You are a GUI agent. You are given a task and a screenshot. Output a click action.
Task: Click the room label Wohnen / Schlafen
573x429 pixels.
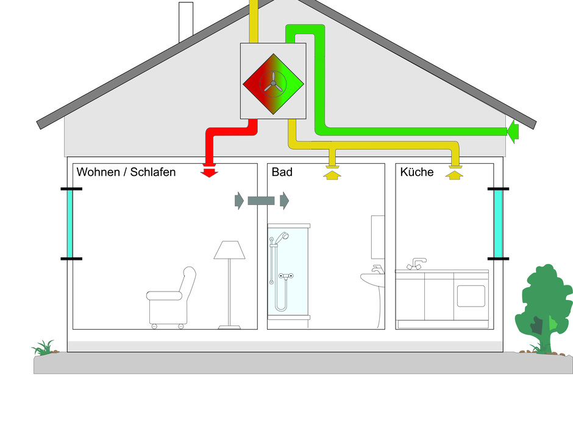(126, 172)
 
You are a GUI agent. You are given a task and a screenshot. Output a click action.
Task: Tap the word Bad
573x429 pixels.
(282, 172)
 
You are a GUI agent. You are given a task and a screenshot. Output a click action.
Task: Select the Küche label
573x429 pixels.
(417, 172)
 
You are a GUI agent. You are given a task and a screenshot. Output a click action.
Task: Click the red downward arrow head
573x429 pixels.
(209, 172)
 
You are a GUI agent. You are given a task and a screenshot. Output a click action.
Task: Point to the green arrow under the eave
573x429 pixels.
(512, 130)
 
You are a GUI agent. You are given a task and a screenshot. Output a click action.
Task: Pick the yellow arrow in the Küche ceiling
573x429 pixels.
(452, 175)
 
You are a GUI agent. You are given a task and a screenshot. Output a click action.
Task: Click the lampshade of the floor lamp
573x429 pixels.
(229, 250)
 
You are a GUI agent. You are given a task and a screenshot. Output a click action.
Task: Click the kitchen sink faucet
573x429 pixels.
(417, 263)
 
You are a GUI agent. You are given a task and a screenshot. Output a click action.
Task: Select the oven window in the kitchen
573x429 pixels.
(471, 295)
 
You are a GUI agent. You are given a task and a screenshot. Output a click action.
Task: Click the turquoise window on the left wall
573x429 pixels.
(71, 224)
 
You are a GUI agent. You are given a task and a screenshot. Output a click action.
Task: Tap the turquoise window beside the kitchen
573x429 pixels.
(498, 223)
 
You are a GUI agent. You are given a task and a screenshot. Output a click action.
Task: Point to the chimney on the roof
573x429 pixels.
(185, 22)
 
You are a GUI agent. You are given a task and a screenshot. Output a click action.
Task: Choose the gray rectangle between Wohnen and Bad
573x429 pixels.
(262, 200)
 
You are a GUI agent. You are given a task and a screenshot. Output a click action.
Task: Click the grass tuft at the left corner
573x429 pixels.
(44, 348)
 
